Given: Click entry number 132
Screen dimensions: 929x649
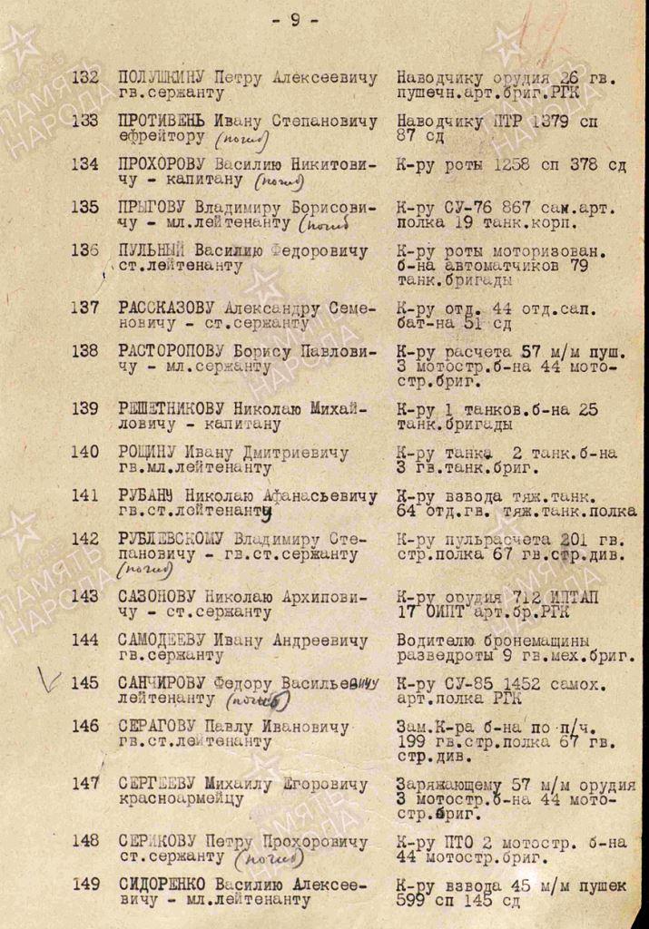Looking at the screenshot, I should [84, 78].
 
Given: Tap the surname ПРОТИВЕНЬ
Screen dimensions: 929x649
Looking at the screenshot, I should [162, 121].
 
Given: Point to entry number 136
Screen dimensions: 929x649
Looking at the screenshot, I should [84, 250].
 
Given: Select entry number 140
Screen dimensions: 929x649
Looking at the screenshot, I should [84, 452].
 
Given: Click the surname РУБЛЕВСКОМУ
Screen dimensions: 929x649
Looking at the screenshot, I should [173, 538].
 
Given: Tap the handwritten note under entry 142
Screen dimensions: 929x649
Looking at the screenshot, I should [145, 571].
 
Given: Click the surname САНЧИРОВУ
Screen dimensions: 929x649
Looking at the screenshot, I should [163, 682].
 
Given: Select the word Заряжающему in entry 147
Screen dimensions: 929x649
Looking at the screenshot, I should [448, 784].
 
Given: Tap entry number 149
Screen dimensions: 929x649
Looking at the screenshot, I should [84, 884].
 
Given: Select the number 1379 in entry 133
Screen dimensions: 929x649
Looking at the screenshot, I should [547, 121].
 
